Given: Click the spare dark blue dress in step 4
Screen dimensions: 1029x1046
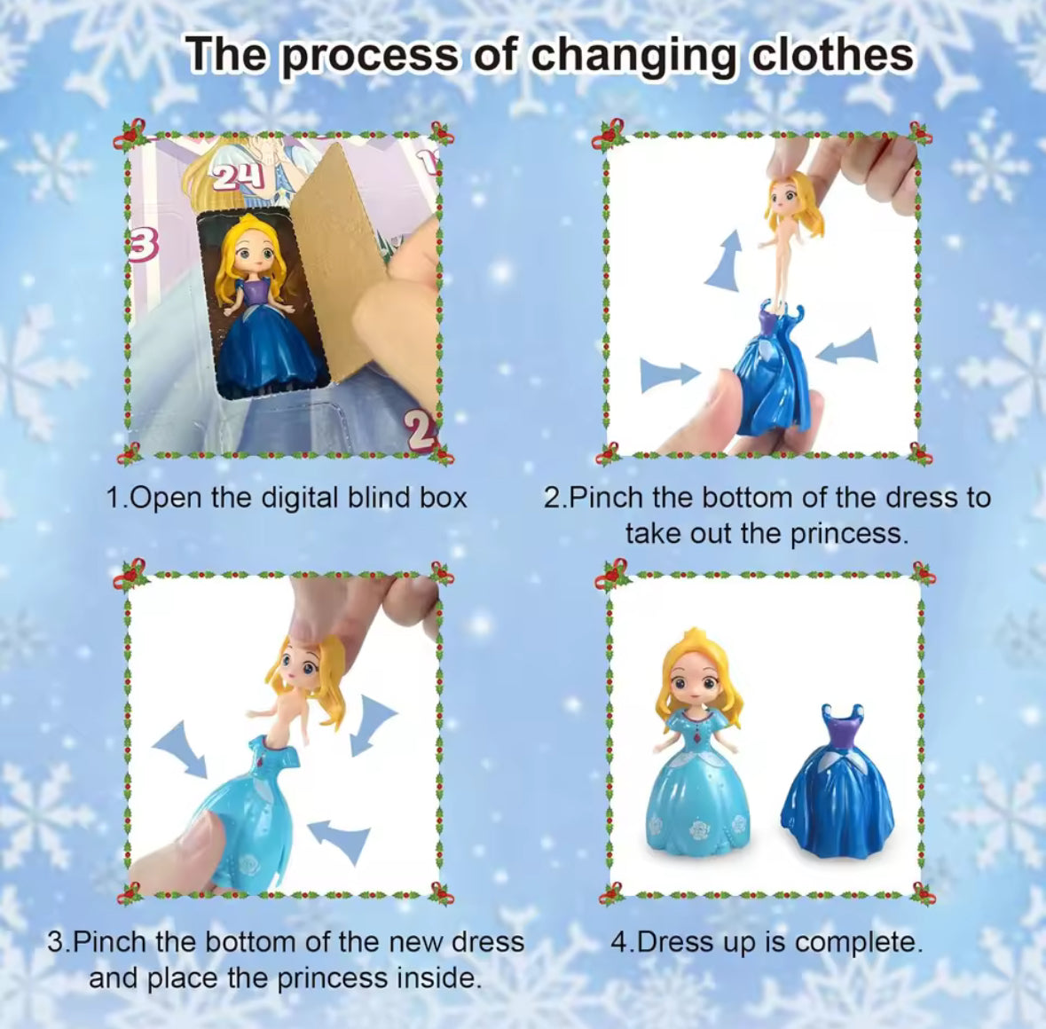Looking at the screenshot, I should [x=838, y=789].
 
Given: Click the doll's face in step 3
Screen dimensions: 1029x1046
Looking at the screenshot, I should [x=304, y=666].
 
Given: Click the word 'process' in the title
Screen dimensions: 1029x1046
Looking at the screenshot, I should [x=370, y=55].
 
